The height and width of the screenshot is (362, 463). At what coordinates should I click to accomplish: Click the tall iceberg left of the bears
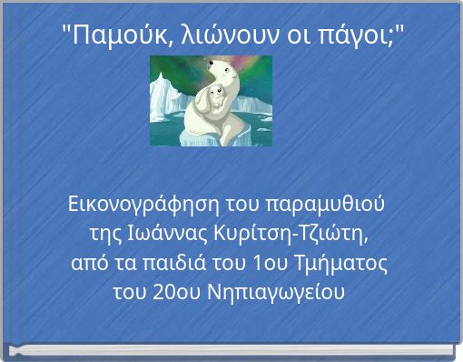click(x=163, y=100)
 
